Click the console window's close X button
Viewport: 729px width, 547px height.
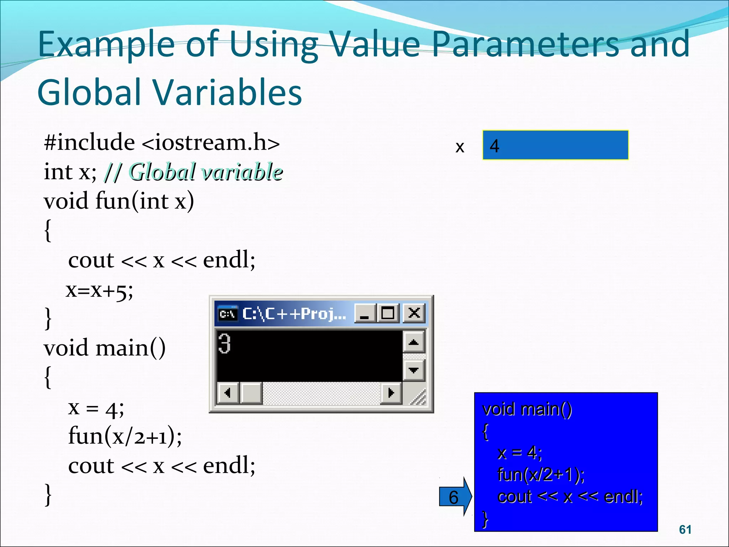click(x=414, y=313)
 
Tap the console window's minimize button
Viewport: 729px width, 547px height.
click(x=365, y=313)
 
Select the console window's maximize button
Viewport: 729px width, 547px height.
click(x=388, y=313)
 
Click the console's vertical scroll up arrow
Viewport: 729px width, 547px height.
click(x=414, y=342)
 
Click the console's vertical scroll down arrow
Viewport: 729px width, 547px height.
click(x=414, y=370)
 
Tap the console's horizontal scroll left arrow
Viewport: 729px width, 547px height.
click(x=227, y=393)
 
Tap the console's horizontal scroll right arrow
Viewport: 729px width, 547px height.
click(x=391, y=393)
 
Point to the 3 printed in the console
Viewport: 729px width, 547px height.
click(x=224, y=343)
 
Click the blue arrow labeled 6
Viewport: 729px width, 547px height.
click(x=455, y=497)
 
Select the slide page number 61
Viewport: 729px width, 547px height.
click(x=685, y=530)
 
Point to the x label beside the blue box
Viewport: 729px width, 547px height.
click(x=460, y=147)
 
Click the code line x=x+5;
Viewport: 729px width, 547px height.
click(x=99, y=291)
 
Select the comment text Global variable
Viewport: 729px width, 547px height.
click(x=206, y=172)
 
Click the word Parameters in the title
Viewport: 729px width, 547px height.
click(x=525, y=45)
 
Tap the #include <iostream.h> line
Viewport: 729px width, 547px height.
click(x=162, y=142)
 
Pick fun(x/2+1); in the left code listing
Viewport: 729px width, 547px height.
click(x=125, y=436)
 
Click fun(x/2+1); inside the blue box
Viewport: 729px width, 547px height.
click(x=541, y=475)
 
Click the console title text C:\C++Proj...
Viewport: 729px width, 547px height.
click(x=294, y=314)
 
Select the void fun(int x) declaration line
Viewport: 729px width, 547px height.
click(x=119, y=201)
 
